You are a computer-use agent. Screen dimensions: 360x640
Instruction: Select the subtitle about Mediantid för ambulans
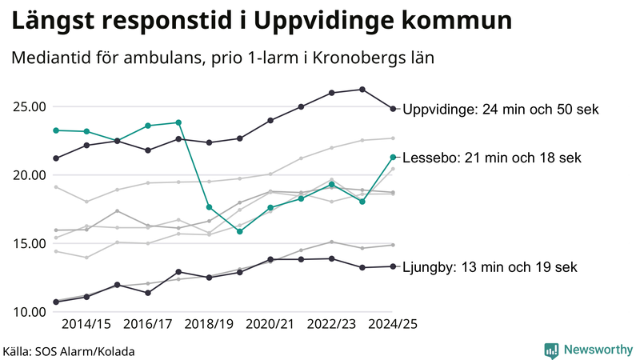(x=222, y=58)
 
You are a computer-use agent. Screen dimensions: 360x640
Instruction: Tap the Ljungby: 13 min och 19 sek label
(x=489, y=267)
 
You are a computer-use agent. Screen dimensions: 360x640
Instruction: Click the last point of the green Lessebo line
(x=393, y=157)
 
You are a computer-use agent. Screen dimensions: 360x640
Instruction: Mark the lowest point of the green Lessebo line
(x=240, y=231)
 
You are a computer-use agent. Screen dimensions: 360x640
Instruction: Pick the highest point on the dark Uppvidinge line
(x=362, y=90)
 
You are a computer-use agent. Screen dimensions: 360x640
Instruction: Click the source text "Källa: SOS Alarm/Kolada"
(x=69, y=351)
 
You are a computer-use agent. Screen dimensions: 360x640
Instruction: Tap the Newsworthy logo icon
(x=551, y=350)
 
